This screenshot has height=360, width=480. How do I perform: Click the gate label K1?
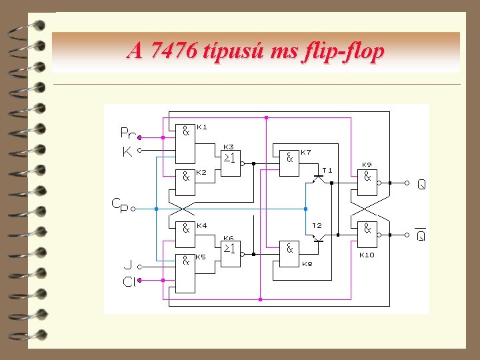[x=202, y=127]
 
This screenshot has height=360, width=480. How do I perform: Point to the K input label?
[x=127, y=152]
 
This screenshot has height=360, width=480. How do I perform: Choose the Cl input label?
[x=129, y=281]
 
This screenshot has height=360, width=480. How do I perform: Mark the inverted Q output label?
[x=421, y=235]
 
